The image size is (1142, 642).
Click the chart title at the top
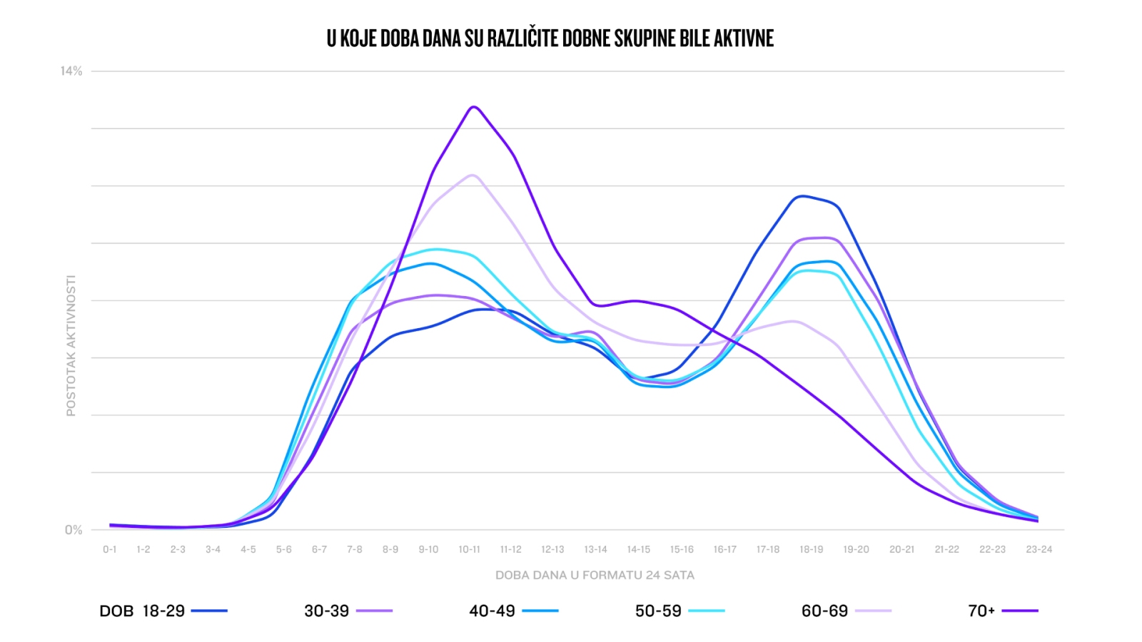(550, 39)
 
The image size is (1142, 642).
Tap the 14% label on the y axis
(71, 71)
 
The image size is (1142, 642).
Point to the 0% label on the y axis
(74, 530)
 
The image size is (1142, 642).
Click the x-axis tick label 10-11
(469, 549)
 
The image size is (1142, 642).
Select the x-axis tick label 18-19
(811, 549)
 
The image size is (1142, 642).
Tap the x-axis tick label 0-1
(109, 549)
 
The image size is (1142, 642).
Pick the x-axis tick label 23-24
(1039, 549)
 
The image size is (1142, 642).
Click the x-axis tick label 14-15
(638, 549)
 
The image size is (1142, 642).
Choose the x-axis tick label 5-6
(283, 549)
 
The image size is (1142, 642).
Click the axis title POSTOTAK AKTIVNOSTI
(71, 346)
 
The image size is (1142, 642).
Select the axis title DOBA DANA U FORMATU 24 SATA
(595, 575)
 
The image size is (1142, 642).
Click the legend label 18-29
(163, 611)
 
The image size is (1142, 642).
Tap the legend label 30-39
(326, 611)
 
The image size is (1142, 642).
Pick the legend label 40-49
(492, 611)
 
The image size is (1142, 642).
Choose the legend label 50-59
(658, 611)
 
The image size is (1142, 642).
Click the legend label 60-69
(824, 611)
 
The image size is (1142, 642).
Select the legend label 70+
(981, 611)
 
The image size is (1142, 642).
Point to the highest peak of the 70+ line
(473, 107)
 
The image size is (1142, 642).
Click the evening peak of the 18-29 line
(802, 196)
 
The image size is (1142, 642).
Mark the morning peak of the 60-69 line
(472, 175)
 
